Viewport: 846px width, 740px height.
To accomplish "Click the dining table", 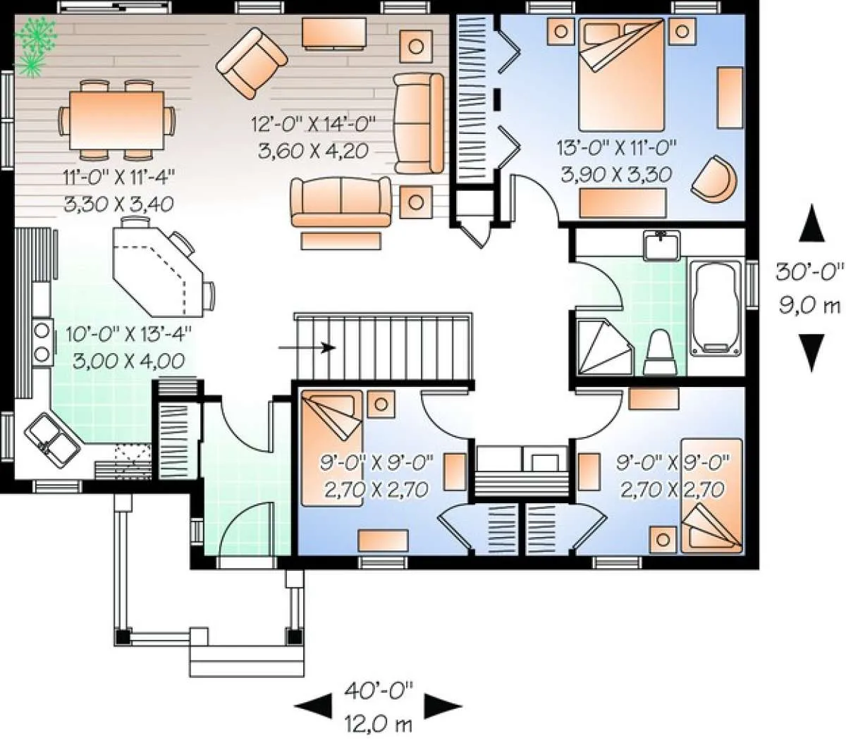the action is pyautogui.click(x=117, y=120).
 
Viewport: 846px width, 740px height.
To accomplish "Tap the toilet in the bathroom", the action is pyautogui.click(x=661, y=352).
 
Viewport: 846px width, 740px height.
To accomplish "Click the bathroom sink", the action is pyautogui.click(x=661, y=245).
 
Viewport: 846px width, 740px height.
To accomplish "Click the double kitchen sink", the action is pyautogui.click(x=52, y=440).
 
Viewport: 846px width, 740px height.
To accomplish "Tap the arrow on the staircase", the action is pyautogui.click(x=307, y=347).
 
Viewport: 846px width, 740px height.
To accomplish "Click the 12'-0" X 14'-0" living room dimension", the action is pyautogui.click(x=313, y=123).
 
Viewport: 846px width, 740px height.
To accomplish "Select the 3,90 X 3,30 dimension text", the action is pyautogui.click(x=616, y=175).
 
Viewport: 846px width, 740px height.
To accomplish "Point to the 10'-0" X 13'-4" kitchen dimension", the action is pyautogui.click(x=129, y=333).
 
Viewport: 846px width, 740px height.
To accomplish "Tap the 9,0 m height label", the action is pyautogui.click(x=809, y=307).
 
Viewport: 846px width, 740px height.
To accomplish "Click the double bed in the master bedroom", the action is pyautogui.click(x=620, y=75).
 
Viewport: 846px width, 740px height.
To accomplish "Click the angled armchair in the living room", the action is pyautogui.click(x=252, y=63).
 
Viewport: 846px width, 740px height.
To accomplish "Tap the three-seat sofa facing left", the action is pyautogui.click(x=418, y=123).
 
